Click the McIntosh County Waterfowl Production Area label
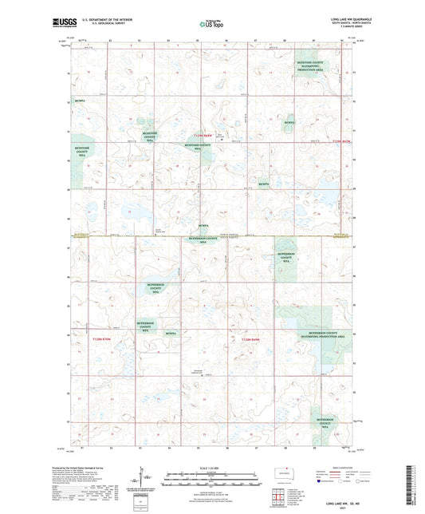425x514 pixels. click(306, 66)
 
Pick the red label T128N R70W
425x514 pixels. click(101, 340)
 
